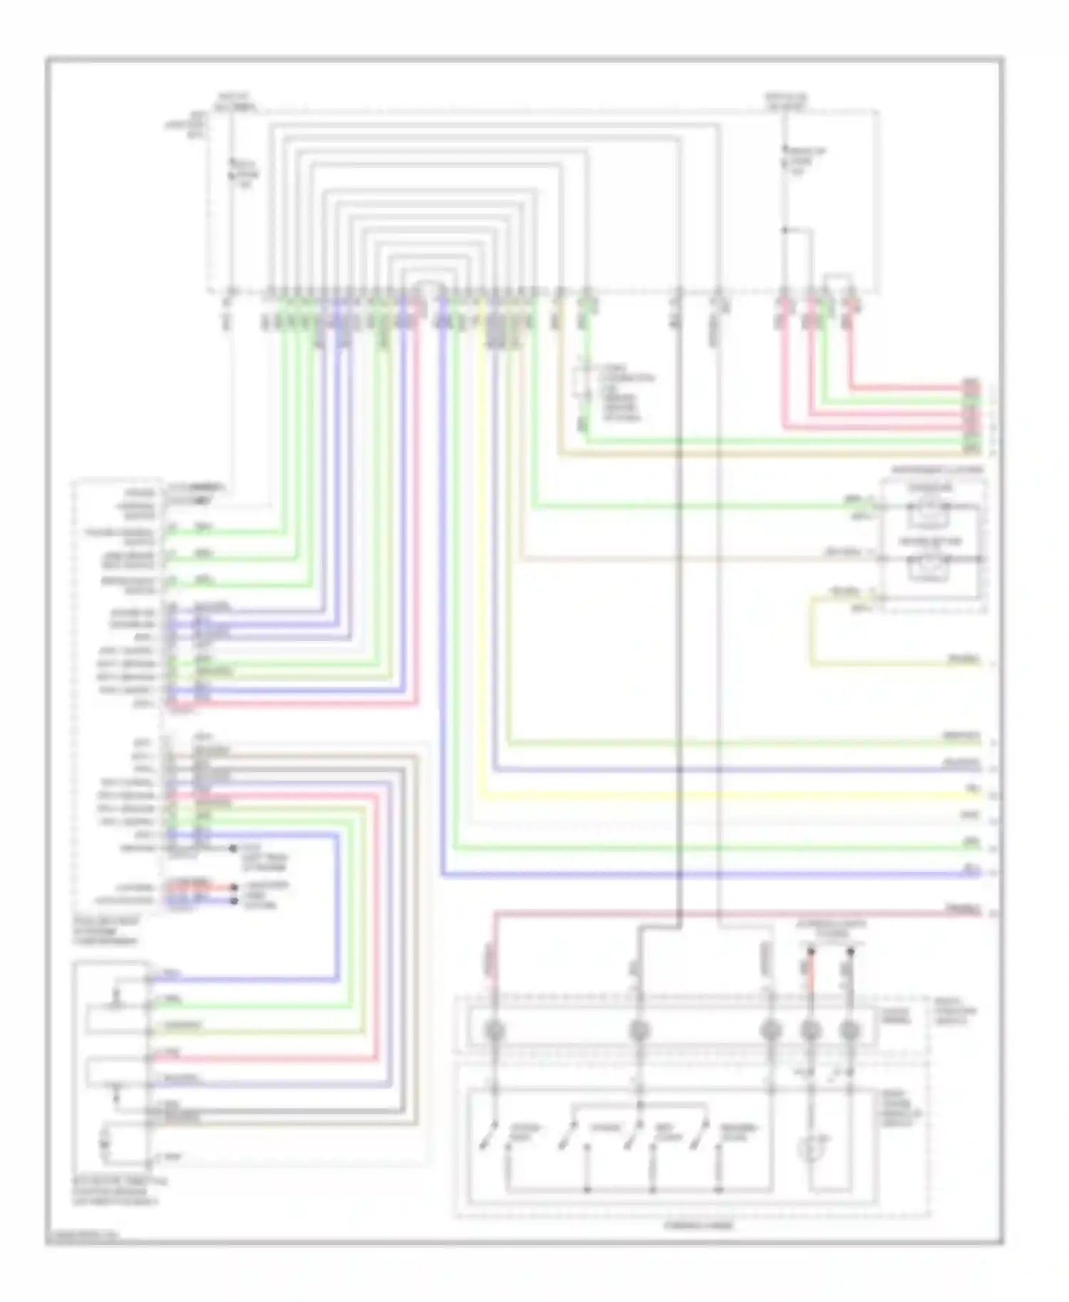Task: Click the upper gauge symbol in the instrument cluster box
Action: click(x=929, y=512)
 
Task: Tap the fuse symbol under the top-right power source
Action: click(x=785, y=160)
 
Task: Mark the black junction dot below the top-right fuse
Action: click(x=784, y=230)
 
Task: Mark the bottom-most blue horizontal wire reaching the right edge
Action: click(x=713, y=873)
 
